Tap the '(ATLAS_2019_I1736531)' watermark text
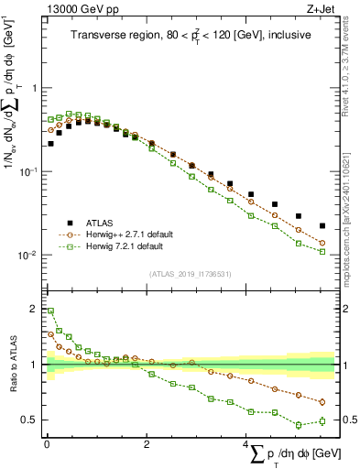(191, 273)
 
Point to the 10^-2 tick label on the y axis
(27, 256)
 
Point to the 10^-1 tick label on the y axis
(27, 172)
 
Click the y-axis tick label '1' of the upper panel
(34, 89)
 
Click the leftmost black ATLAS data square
(51, 144)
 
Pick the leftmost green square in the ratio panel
(51, 311)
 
